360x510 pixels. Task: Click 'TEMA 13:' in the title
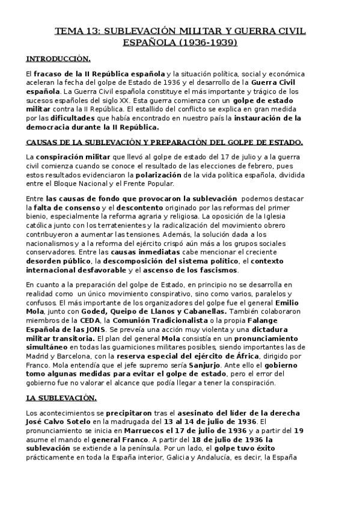76,30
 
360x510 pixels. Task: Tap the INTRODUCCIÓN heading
58,59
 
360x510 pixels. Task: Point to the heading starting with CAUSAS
164,143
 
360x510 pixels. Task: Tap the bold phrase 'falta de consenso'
71,207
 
